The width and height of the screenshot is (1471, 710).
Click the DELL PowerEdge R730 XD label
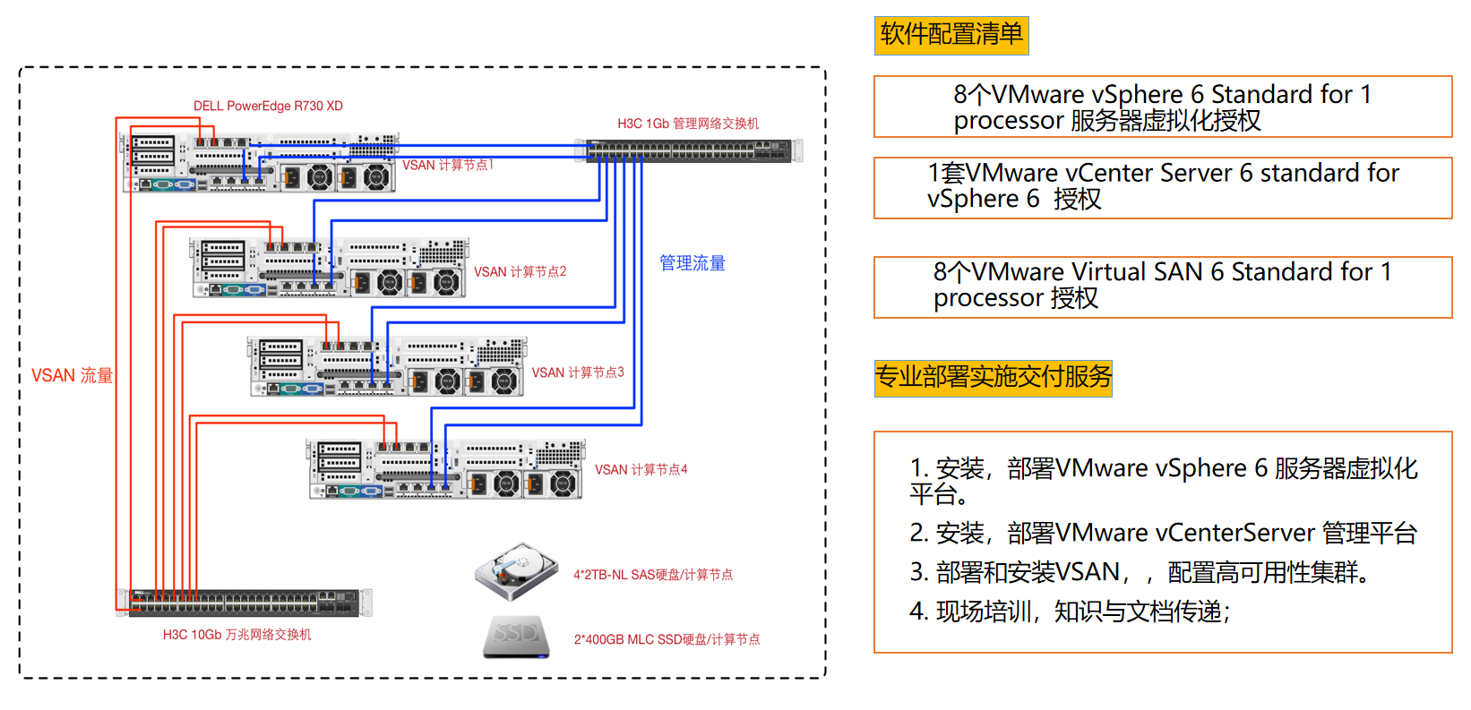pos(268,106)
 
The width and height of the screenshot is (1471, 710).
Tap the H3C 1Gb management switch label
pos(687,124)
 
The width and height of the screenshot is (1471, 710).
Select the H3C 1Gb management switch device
pos(689,151)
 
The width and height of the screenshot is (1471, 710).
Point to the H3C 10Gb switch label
pos(237,635)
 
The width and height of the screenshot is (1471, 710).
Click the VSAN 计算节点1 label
pos(448,165)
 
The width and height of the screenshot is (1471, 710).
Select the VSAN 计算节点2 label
pos(520,271)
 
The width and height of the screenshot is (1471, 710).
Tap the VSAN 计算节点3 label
pos(578,372)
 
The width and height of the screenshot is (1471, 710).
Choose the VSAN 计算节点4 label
pos(641,469)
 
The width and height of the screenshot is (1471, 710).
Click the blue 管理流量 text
pos(692,263)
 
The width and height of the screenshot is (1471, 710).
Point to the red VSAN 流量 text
pos(72,376)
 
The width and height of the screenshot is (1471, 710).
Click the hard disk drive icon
pos(516,571)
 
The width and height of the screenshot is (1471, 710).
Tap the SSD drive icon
pos(516,637)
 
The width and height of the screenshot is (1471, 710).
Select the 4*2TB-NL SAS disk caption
pos(653,575)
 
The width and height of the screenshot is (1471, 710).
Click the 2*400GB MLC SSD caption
pos(667,639)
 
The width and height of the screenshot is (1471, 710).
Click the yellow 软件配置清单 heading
pos(951,35)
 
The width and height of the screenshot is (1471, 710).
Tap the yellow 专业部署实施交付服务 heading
pos(993,377)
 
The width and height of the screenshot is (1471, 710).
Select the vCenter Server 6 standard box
pos(1162,187)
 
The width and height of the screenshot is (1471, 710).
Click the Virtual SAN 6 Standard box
pos(1162,287)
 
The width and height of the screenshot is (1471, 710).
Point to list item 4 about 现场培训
pos(1071,612)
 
